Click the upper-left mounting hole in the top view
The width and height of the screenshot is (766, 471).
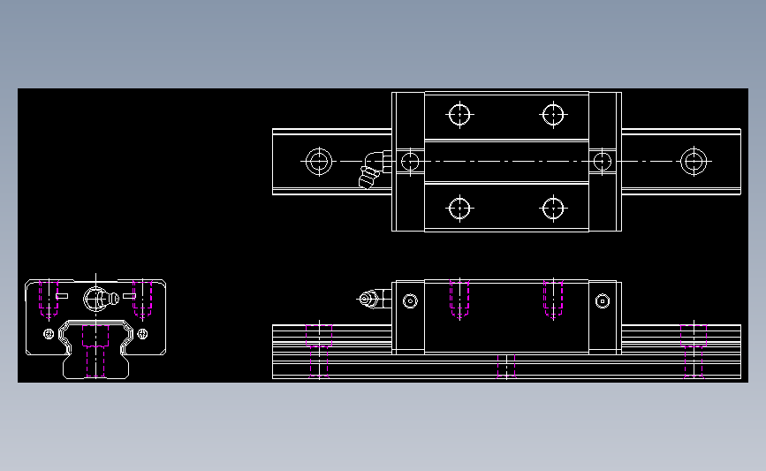[459, 114]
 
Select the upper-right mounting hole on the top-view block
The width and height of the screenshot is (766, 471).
[553, 114]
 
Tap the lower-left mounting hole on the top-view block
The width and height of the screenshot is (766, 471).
[459, 209]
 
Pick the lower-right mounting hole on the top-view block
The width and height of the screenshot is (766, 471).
[553, 209]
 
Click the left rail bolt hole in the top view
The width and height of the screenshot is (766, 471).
[318, 161]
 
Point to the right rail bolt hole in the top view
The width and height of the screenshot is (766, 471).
[693, 161]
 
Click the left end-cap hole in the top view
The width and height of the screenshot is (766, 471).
[409, 161]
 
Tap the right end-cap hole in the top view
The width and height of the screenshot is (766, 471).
[603, 161]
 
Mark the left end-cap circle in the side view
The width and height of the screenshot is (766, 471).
[410, 301]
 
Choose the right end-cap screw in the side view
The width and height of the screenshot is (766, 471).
[603, 301]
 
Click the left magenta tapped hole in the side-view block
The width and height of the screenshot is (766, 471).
[459, 299]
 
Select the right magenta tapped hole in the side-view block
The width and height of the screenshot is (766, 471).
[553, 299]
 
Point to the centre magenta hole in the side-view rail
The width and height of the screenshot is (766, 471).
[506, 366]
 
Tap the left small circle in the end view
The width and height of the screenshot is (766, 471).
[48, 333]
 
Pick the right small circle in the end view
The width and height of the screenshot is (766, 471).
[140, 333]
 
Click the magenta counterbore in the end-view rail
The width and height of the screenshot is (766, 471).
[95, 349]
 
